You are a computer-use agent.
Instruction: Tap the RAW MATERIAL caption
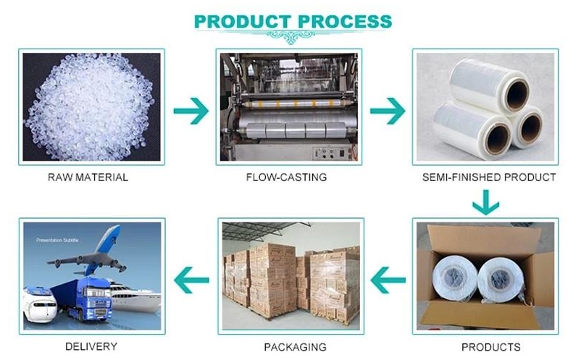click(x=88, y=177)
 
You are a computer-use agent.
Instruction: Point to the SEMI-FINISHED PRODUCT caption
click(x=489, y=177)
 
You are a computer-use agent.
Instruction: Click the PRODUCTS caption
click(x=490, y=347)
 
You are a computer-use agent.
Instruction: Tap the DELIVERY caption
click(x=91, y=347)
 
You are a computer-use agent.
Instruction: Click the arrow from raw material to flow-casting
click(x=191, y=111)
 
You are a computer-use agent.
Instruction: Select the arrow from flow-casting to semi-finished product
click(x=387, y=111)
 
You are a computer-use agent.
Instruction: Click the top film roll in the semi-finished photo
click(x=482, y=83)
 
